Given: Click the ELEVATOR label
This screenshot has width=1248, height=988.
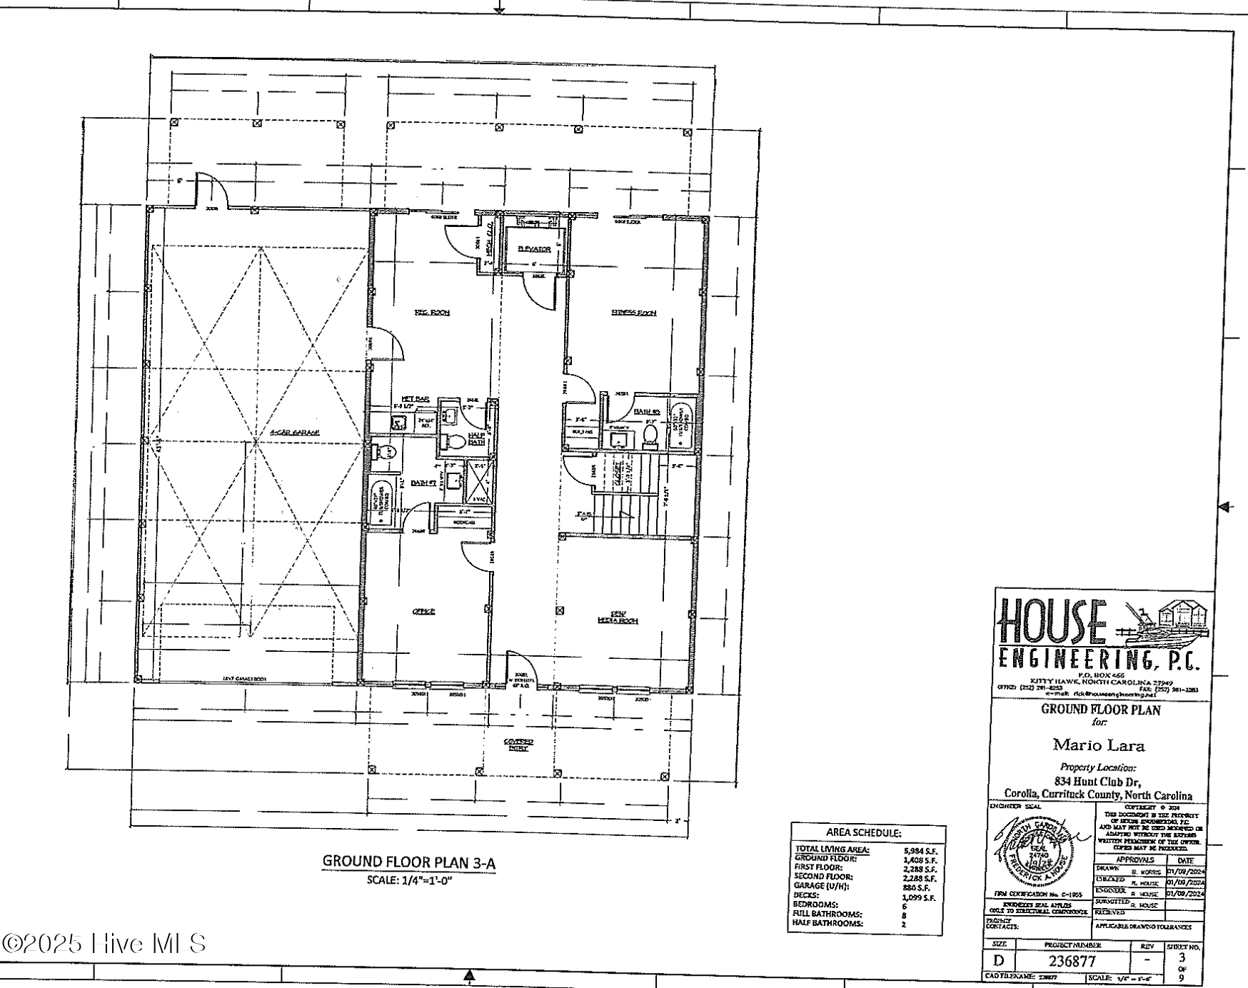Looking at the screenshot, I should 534,249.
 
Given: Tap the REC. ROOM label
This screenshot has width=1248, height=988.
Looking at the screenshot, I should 433,312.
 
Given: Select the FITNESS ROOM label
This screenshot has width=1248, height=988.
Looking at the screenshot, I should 633,313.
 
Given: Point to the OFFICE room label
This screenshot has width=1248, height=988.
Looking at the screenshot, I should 423,612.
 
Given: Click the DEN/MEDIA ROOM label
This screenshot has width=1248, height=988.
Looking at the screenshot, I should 618,617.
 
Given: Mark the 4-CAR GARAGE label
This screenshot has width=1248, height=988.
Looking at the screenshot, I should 295,433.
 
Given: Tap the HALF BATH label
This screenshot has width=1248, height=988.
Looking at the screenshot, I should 476,438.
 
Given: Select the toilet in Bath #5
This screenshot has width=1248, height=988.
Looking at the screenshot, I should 650,434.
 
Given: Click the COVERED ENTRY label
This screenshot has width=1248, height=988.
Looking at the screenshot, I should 519,745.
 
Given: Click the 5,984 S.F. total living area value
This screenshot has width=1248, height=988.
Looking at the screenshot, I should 920,850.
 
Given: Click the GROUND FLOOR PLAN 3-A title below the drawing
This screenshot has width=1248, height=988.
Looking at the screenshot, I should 409,862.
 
